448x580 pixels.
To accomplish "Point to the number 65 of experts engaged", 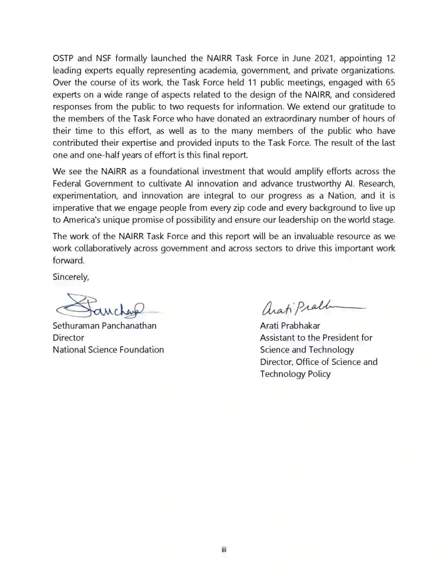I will pyautogui.click(x=390, y=82).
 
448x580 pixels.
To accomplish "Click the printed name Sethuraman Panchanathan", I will pyautogui.click(x=105, y=326).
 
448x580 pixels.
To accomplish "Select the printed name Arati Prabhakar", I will pyautogui.click(x=290, y=326).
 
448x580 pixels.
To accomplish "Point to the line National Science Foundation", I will pyautogui.click(x=108, y=350).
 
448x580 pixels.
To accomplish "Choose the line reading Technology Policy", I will pyautogui.click(x=295, y=374).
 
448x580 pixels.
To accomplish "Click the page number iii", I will pyautogui.click(x=224, y=550).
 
